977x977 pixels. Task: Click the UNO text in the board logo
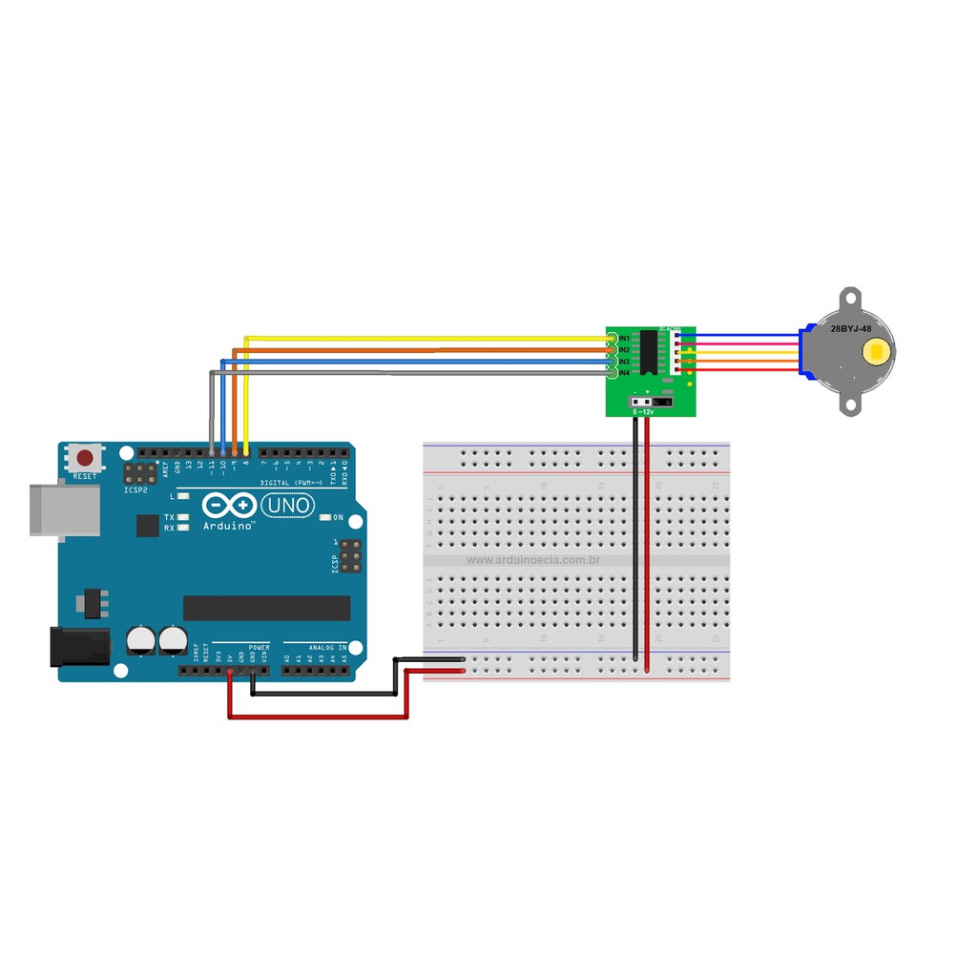[286, 504]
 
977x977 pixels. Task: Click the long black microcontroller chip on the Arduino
[266, 608]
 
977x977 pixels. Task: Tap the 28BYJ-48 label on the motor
[850, 328]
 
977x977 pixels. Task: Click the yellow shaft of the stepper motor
[874, 353]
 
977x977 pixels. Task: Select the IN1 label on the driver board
[624, 339]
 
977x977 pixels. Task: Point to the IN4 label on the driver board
[624, 372]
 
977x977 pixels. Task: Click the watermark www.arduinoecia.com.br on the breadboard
[532, 560]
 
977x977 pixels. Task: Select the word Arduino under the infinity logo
[228, 525]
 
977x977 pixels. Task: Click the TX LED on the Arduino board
[182, 516]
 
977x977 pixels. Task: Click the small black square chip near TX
[148, 526]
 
